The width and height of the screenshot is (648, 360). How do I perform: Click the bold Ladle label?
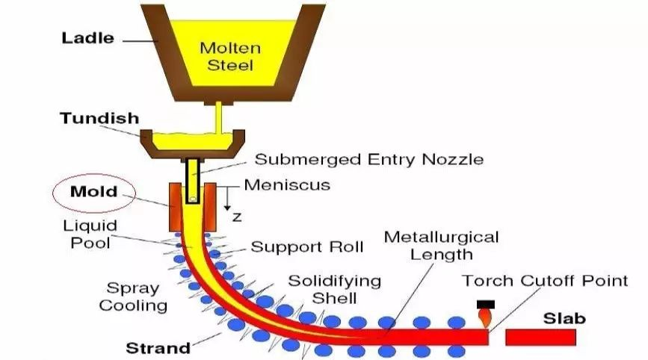coord(87,38)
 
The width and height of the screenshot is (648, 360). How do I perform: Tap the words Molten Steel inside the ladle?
coord(230,56)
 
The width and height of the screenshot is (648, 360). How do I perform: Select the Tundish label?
coord(99,118)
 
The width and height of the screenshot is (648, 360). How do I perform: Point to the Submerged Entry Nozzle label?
coord(369,159)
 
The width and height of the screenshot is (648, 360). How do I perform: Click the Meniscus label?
coord(287,185)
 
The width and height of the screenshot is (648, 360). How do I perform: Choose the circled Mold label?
coord(94,191)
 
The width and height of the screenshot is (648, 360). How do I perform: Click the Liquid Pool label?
coord(90,234)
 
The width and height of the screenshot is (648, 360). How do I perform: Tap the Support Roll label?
coord(307,247)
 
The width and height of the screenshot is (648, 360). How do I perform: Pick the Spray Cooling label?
coord(133,297)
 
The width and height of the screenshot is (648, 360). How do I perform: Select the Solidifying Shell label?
coord(334,289)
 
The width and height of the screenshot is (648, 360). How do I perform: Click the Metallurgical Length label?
coord(442,246)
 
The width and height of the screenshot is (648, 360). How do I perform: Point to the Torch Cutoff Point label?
coord(545,281)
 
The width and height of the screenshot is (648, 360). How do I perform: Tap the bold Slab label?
coord(564,318)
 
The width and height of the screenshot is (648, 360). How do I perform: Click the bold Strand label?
coord(158,348)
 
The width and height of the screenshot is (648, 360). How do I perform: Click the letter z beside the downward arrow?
coord(237,217)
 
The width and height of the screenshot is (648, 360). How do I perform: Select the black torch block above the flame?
coord(486,304)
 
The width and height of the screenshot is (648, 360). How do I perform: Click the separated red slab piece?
coord(540,338)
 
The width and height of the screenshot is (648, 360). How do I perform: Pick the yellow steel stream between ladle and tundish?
coord(219,118)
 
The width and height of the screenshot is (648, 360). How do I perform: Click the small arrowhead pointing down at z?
coord(227,208)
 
